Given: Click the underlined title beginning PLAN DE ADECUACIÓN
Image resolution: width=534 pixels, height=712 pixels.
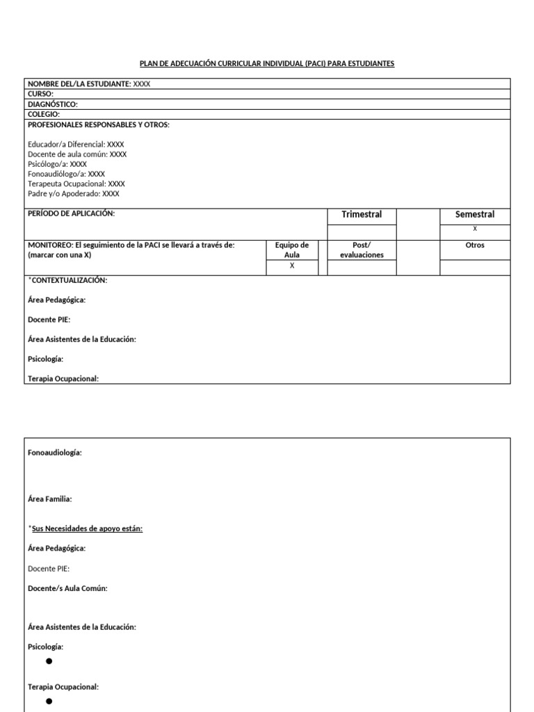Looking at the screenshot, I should (x=267, y=63).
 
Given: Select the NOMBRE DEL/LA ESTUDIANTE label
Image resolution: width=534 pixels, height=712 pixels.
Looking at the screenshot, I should (x=79, y=84).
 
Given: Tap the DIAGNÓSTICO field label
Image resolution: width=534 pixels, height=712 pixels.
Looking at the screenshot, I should (x=53, y=104).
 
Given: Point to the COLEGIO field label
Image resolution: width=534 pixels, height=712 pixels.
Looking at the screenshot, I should (x=44, y=114).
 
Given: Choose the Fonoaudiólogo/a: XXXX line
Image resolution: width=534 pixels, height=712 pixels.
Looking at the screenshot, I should (x=66, y=174).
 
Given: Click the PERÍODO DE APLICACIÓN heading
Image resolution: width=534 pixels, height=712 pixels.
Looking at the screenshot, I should (x=71, y=213).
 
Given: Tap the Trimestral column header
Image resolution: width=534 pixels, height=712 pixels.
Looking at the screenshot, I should (x=362, y=214).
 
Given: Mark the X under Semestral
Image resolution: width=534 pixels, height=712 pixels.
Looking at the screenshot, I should (x=475, y=229).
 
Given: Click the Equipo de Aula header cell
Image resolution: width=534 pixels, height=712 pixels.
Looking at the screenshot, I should (x=292, y=250).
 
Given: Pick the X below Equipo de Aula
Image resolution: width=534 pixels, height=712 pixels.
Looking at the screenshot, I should (x=292, y=266).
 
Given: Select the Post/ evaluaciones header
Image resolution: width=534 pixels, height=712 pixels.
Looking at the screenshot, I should (x=362, y=250).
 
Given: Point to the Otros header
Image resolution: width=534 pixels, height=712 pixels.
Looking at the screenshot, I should (x=475, y=245).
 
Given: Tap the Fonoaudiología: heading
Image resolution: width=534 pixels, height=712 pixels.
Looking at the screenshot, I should (x=55, y=453).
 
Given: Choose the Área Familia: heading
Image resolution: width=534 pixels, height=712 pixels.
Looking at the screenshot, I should (x=49, y=499).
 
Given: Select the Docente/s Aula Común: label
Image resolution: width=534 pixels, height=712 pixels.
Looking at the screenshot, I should (x=67, y=588).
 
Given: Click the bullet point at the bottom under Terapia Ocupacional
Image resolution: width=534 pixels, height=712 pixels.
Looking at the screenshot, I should (x=49, y=702).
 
